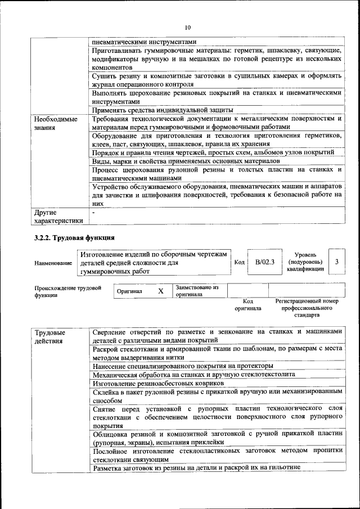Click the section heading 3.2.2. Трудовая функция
point(75,238)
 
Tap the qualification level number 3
point(336,262)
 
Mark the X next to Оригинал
point(160,291)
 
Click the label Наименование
point(53,263)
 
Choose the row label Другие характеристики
point(58,217)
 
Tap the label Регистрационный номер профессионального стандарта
point(307,308)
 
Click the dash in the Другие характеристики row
point(94,213)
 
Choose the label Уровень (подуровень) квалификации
point(305,262)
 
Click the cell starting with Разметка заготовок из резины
point(197,467)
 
